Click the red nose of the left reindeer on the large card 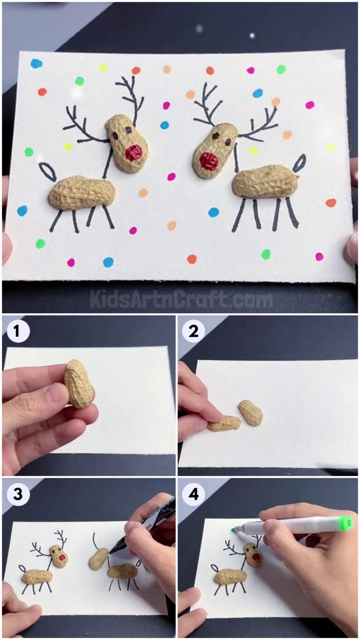click(x=135, y=152)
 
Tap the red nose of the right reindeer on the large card click(x=208, y=161)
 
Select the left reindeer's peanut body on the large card click(x=82, y=193)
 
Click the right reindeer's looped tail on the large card click(x=299, y=163)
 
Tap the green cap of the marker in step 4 click(x=345, y=523)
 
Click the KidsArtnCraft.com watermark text click(x=180, y=299)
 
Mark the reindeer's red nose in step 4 click(x=256, y=557)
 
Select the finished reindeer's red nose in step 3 click(x=62, y=558)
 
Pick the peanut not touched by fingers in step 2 click(x=250, y=413)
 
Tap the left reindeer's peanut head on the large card click(x=127, y=143)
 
